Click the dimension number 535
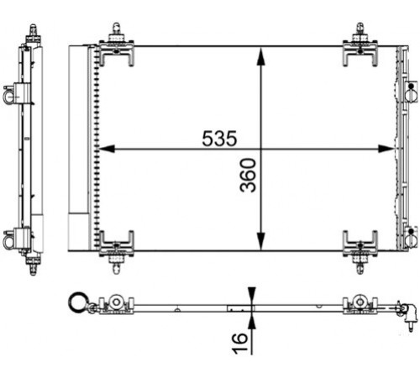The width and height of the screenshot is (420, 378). pyautogui.click(x=219, y=139)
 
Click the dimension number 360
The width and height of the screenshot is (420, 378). pyautogui.click(x=249, y=176)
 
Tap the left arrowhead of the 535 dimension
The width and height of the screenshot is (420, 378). pyautogui.click(x=107, y=149)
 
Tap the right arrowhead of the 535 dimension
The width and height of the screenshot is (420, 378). pyautogui.click(x=386, y=149)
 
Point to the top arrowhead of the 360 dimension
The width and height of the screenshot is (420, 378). pyautogui.click(x=260, y=57)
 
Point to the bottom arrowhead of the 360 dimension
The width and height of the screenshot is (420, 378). pyautogui.click(x=260, y=241)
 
